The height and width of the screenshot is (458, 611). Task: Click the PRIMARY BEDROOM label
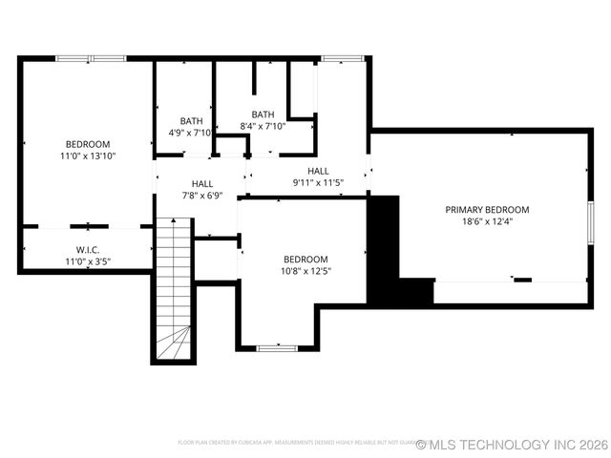(486, 210)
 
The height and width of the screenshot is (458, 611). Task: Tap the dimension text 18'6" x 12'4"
(486, 222)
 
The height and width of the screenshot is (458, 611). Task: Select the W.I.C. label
(88, 249)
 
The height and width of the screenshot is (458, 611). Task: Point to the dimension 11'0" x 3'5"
(88, 260)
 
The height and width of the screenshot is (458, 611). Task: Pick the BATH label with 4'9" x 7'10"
(191, 121)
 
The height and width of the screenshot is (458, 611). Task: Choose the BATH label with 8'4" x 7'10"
(263, 114)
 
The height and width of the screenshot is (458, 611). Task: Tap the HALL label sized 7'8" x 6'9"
(202, 183)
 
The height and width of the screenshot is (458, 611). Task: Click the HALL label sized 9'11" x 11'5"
(318, 171)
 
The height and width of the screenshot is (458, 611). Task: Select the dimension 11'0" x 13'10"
(88, 156)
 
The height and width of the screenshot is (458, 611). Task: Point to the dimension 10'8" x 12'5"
(305, 271)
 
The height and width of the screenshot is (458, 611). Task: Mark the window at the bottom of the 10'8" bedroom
(277, 348)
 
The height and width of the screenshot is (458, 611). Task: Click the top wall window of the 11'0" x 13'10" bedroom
(90, 59)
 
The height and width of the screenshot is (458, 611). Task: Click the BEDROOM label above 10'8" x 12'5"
(305, 259)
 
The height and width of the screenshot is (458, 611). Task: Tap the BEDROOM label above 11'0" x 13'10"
(88, 143)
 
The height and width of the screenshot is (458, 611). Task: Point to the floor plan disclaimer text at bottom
(296, 444)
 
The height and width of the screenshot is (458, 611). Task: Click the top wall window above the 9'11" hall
(339, 59)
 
